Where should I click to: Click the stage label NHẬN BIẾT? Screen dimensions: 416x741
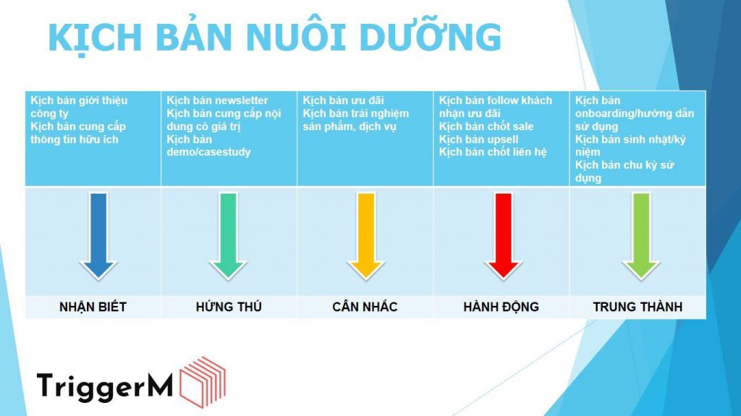pyautogui.click(x=93, y=307)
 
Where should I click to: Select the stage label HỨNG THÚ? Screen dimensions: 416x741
pyautogui.click(x=229, y=307)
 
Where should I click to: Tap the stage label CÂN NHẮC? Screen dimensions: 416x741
pyautogui.click(x=365, y=307)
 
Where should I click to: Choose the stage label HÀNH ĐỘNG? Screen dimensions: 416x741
pyautogui.click(x=501, y=307)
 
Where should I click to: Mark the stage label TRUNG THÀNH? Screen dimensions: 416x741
pyautogui.click(x=638, y=307)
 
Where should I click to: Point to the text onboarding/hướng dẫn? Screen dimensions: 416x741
pyautogui.click(x=634, y=114)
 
